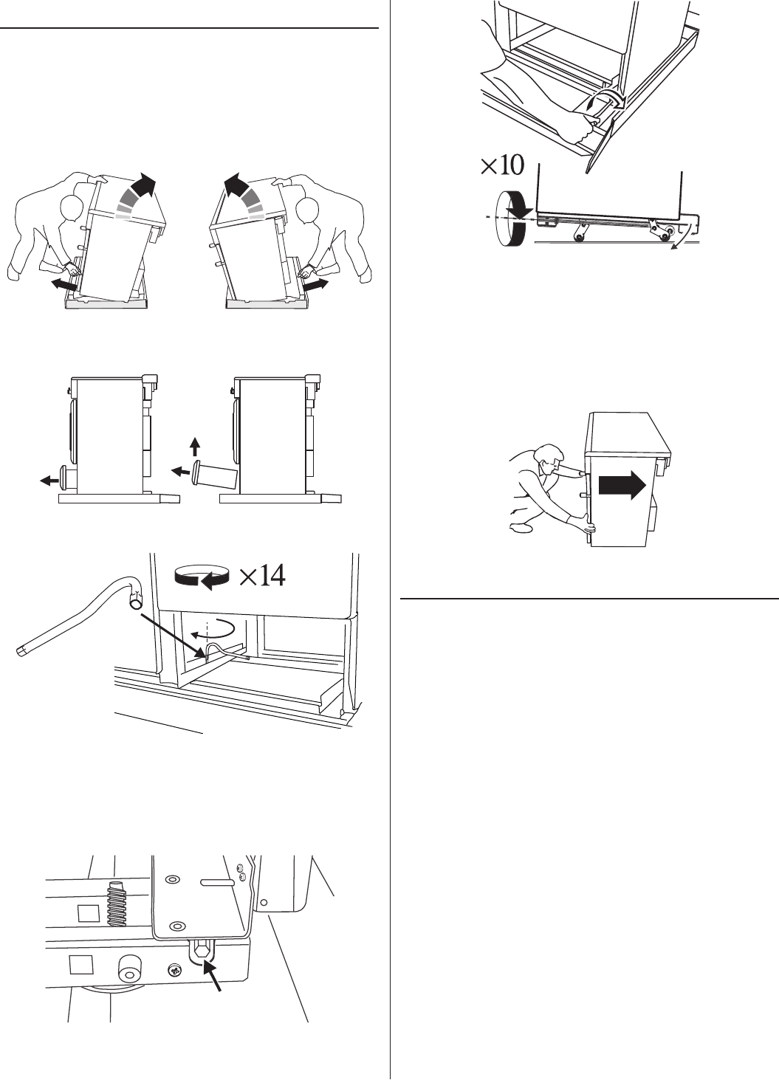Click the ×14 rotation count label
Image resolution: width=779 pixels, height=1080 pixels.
(x=262, y=575)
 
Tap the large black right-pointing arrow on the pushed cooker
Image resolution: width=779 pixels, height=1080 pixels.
(x=622, y=486)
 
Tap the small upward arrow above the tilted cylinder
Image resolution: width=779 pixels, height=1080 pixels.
(x=194, y=447)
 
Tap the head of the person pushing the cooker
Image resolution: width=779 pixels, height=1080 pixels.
(x=547, y=458)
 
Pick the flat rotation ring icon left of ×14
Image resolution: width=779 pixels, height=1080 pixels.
(x=201, y=576)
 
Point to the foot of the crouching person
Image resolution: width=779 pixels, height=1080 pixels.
(x=521, y=529)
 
